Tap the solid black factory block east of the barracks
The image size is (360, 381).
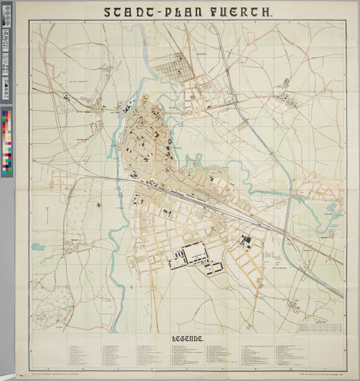(246, 241)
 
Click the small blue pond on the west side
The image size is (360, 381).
(99, 205)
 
